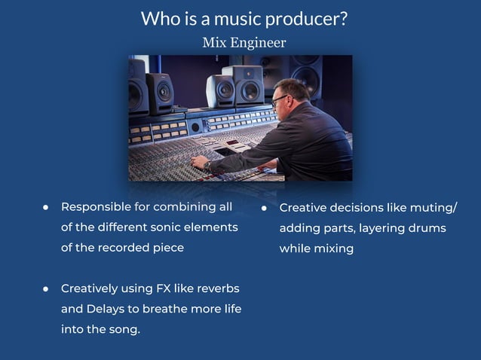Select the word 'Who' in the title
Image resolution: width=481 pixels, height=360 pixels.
(x=158, y=19)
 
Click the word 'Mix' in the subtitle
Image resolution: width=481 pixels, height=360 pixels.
(x=212, y=42)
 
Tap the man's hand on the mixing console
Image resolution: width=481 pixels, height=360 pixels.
(x=198, y=161)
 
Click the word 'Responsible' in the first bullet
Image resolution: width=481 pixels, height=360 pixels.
(x=96, y=206)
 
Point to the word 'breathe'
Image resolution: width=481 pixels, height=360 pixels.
(x=164, y=309)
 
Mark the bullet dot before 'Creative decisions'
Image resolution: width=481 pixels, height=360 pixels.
(x=265, y=207)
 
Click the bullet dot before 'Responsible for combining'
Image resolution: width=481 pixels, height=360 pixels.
(x=46, y=206)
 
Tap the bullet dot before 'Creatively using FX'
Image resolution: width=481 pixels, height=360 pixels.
(x=46, y=288)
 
